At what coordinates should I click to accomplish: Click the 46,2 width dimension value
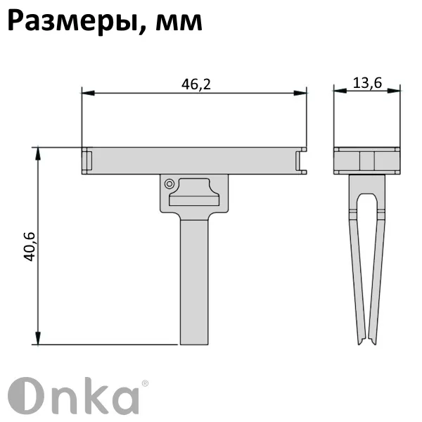point(196,84)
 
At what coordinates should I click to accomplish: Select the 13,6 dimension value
point(366,83)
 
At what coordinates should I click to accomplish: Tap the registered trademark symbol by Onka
point(145,383)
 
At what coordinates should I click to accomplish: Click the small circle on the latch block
point(169,184)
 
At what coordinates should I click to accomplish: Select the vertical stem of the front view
point(195,281)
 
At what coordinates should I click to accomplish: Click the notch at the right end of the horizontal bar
point(302,160)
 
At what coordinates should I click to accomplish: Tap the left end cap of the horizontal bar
point(87,160)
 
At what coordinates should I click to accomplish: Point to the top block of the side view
point(366,160)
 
